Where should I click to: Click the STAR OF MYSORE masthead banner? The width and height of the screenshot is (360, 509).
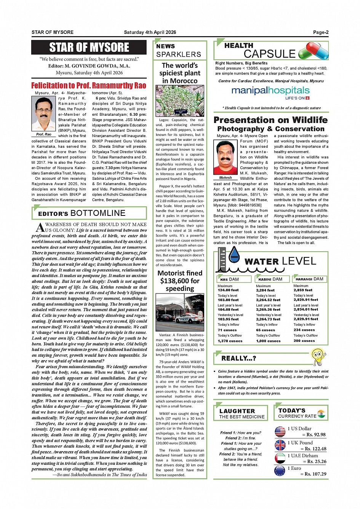(89, 48)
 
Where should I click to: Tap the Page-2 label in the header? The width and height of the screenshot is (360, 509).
(320, 32)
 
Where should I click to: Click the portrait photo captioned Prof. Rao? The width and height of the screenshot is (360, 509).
(43, 114)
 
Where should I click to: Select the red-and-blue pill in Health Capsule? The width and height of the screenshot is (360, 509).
(314, 51)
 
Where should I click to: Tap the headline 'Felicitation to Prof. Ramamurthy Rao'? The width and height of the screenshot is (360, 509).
(89, 85)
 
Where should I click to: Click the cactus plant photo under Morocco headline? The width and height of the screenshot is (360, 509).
(180, 101)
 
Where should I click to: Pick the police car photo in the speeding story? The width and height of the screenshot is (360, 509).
(180, 313)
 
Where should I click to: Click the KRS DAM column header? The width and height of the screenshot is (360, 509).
(229, 279)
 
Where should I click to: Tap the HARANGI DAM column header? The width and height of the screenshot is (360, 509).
(309, 279)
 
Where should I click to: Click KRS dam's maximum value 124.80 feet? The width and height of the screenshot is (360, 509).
(228, 290)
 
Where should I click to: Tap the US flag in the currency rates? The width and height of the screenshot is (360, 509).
(280, 432)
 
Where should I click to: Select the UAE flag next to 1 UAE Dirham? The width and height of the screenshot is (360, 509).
(280, 458)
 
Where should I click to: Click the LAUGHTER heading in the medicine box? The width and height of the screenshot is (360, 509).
(237, 411)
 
